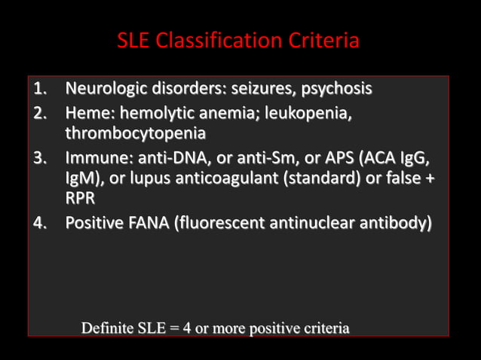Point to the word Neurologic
click(x=103, y=90)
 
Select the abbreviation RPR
click(x=80, y=199)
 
